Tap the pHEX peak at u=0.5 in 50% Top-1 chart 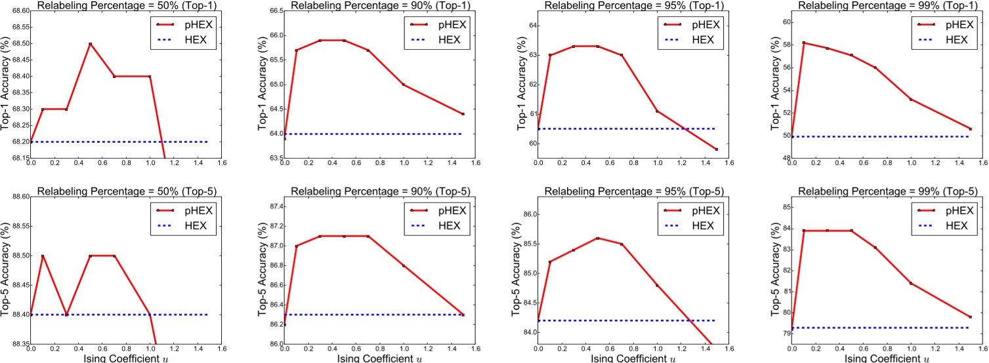point(90,44)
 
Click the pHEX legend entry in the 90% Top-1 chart point(440,24)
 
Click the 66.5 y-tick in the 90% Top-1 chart point(274,11)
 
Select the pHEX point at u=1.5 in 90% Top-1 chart point(463,114)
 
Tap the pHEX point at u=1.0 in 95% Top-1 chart point(657,111)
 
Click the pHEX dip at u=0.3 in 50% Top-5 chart point(66,315)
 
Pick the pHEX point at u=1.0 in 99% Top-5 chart point(911,283)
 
